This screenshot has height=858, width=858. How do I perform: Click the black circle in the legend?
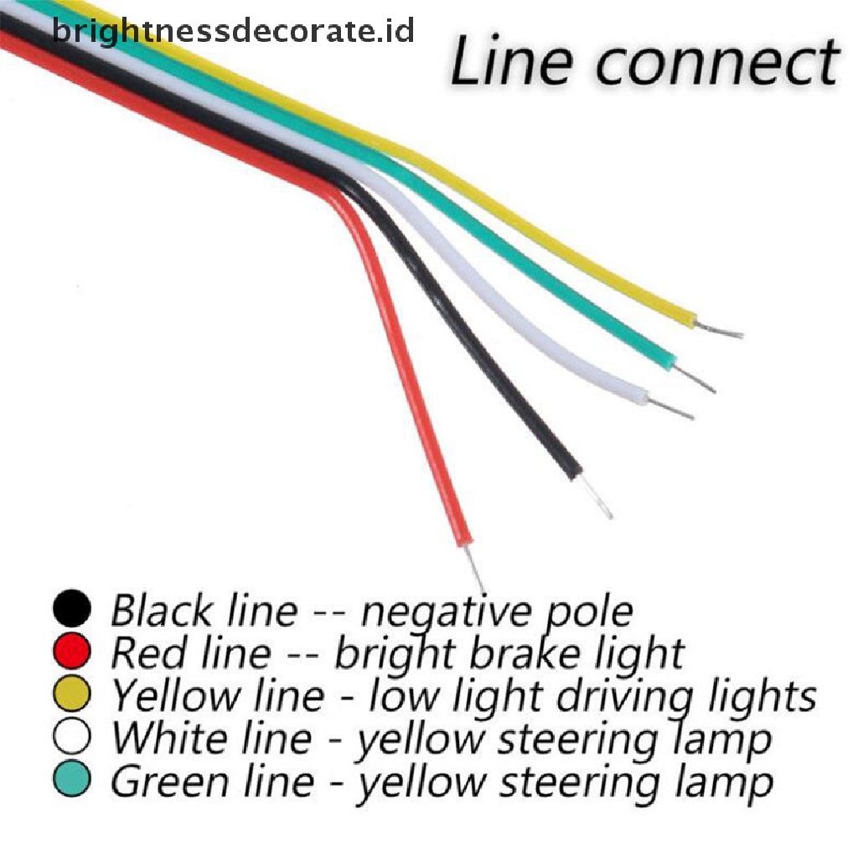pos(71,609)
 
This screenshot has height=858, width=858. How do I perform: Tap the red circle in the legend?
pos(71,653)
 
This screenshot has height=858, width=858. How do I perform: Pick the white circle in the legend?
pos(71,738)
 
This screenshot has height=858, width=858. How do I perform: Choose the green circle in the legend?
pos(71,781)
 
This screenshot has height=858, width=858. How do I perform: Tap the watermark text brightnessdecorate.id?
pos(233,32)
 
